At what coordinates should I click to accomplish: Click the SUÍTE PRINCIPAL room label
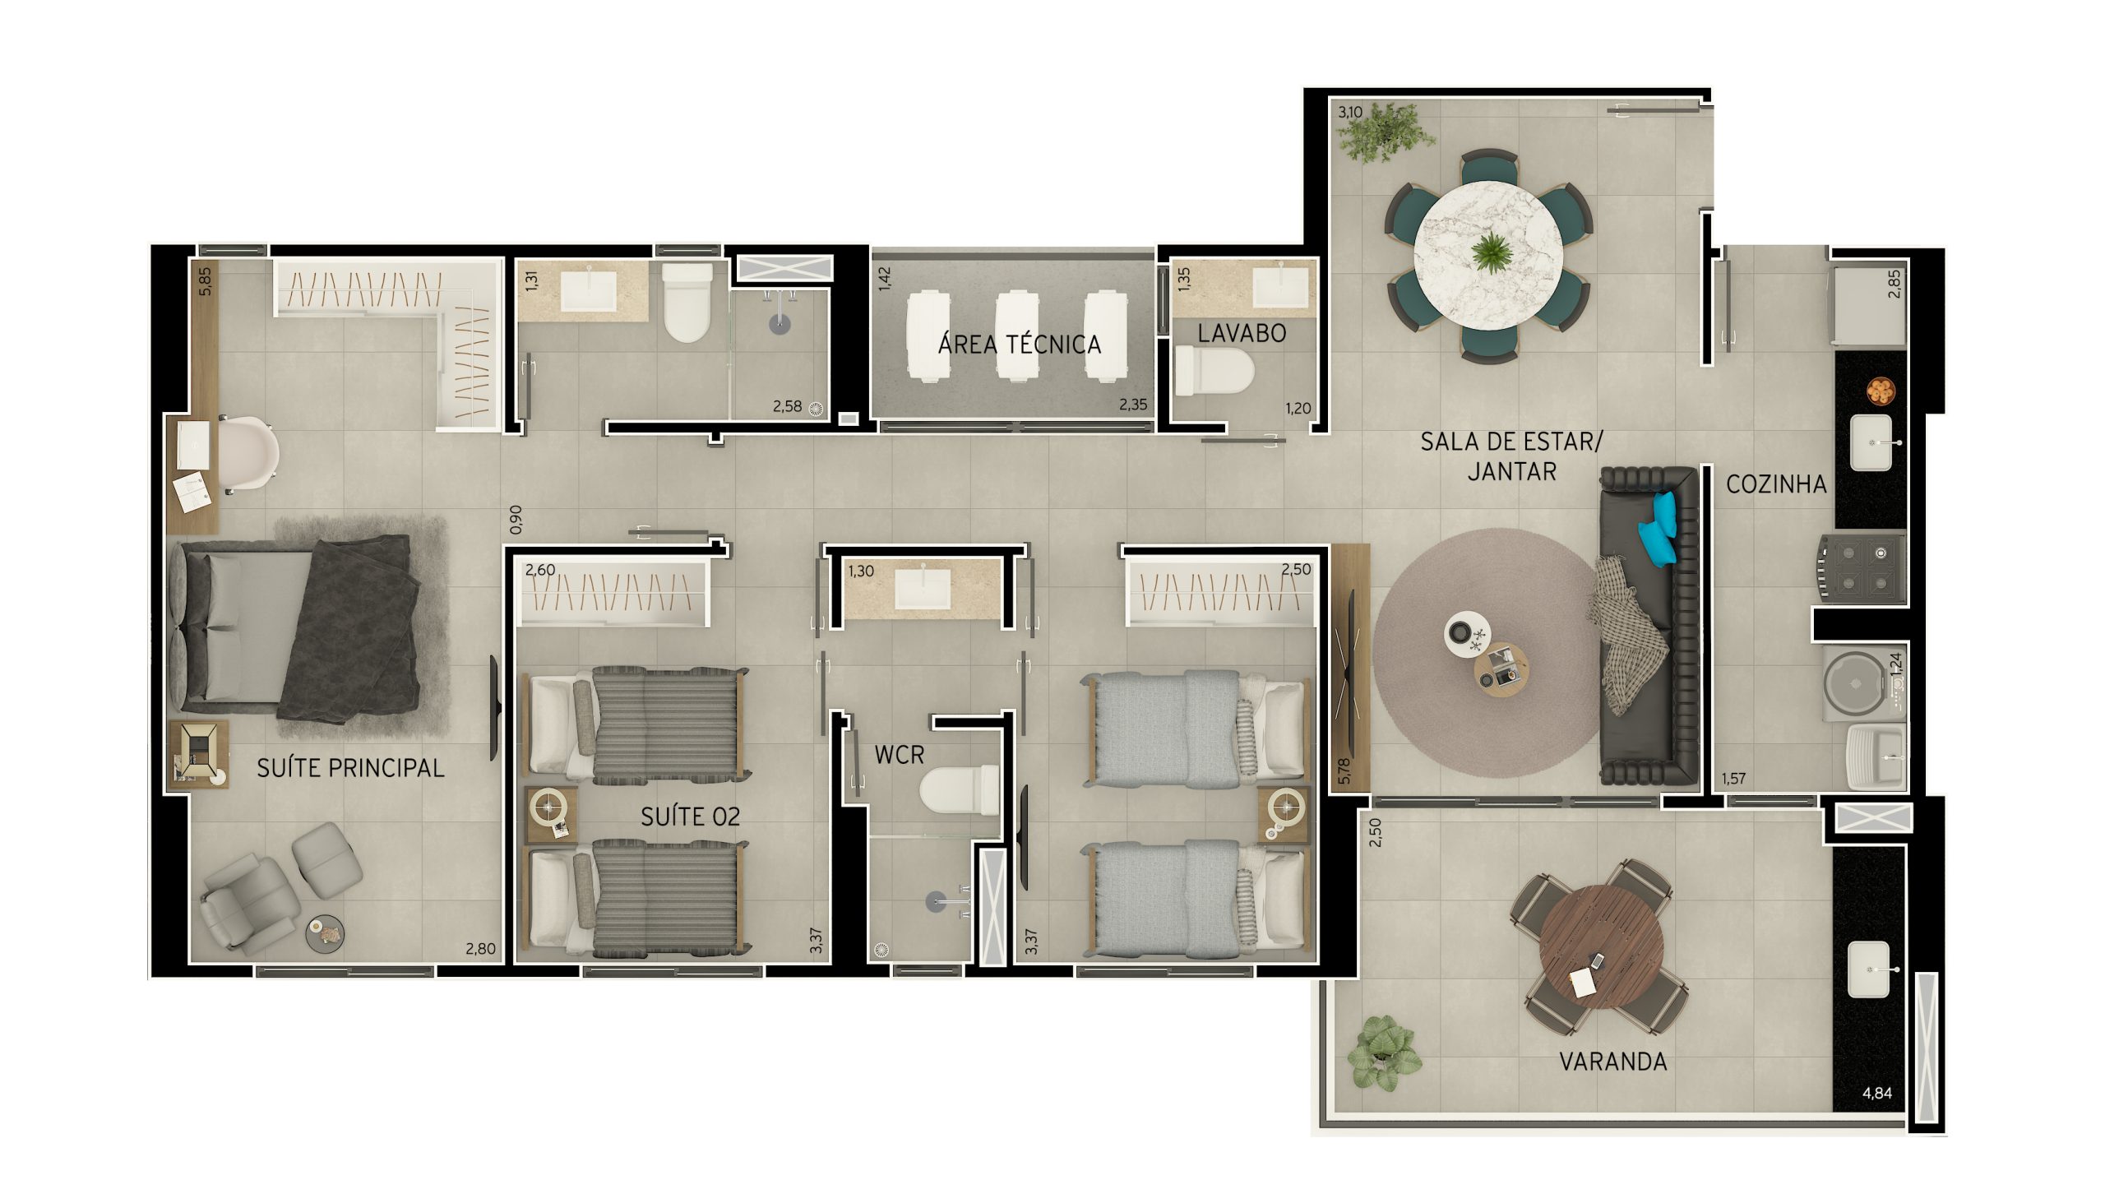[x=350, y=767]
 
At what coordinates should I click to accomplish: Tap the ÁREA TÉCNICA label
[x=1020, y=344]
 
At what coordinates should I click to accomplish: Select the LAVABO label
[x=1242, y=333]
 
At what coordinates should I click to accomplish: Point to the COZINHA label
[x=1776, y=484]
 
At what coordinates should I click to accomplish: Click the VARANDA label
[x=1612, y=1062]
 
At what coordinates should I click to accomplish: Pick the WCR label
[x=899, y=754]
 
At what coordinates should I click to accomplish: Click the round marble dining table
[x=1487, y=254]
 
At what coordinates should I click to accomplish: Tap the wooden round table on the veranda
[x=1601, y=947]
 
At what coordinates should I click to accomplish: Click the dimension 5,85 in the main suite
[x=205, y=281]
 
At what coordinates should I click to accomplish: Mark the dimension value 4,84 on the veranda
[x=1877, y=1093]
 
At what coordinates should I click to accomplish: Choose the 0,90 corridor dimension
[x=516, y=519]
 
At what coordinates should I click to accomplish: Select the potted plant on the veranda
[x=1384, y=1054]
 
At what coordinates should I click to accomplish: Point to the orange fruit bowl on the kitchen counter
[x=1881, y=390]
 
